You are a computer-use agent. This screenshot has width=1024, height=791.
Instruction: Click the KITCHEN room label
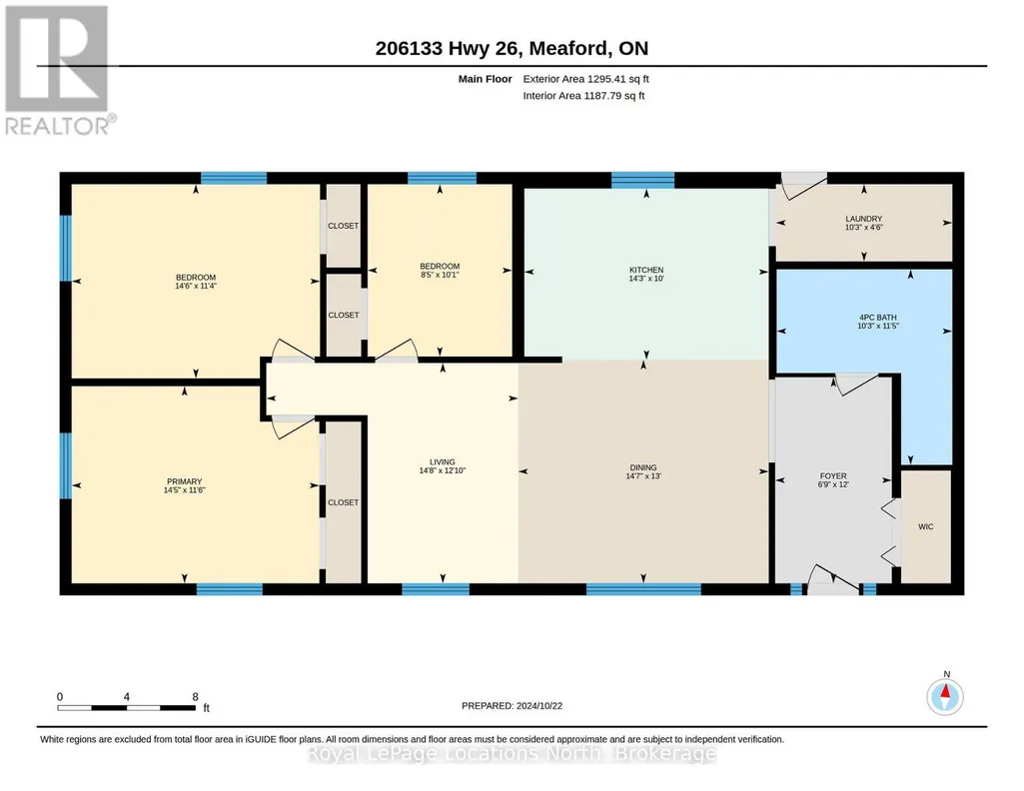point(646,270)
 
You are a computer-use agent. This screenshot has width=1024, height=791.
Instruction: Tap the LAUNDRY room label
point(863,219)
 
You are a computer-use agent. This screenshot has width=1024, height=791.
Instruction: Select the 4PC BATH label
point(878,318)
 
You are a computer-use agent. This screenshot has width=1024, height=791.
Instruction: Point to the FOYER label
point(832,476)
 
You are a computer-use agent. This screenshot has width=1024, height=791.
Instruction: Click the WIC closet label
point(925,526)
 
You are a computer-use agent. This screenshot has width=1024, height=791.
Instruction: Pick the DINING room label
point(643,467)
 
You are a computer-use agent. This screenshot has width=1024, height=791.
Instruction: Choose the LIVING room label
point(443,462)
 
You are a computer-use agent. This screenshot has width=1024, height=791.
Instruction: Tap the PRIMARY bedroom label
point(184,481)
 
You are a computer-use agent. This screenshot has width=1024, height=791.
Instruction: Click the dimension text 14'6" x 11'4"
point(195,286)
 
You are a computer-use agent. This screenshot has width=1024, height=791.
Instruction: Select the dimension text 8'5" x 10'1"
point(440,275)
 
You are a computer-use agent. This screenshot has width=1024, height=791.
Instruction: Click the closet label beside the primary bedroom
point(343,502)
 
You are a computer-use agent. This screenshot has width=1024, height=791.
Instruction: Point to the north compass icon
point(945,697)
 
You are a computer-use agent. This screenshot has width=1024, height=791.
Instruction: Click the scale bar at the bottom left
point(126,707)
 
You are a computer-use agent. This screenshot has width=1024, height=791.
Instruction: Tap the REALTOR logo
point(58,70)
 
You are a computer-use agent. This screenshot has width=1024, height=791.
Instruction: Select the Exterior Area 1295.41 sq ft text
point(585,79)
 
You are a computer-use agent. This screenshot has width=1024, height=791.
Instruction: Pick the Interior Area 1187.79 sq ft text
point(583,95)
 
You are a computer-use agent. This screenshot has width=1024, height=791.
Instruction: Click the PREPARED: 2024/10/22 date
point(512,705)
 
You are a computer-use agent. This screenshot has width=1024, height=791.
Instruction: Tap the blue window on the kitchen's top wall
point(642,180)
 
